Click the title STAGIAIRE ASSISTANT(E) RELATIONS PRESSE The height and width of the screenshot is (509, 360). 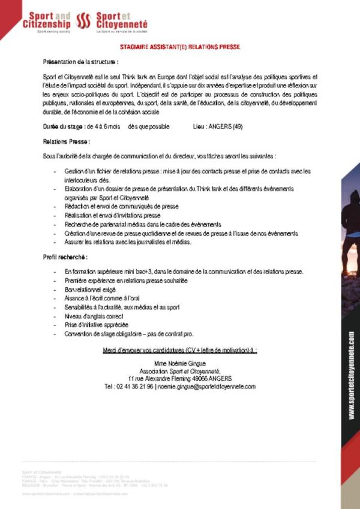[x=179, y=46]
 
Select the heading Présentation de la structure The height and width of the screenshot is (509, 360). [x=80, y=62]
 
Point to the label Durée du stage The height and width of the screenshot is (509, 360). [x=64, y=127]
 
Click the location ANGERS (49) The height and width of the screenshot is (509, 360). [x=225, y=127]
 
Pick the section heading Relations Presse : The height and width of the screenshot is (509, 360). [x=66, y=141]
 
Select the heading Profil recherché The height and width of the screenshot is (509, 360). [x=65, y=257]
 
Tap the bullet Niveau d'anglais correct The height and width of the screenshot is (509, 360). [x=94, y=316]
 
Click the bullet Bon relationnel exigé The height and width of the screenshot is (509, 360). [x=91, y=290]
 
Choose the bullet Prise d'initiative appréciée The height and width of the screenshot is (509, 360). [x=96, y=324]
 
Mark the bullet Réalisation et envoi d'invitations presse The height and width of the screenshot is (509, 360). [x=112, y=215]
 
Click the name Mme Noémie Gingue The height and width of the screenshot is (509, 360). [x=179, y=364]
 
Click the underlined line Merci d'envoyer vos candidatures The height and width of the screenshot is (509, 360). [x=179, y=350]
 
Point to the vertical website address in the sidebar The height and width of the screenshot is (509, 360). [x=351, y=375]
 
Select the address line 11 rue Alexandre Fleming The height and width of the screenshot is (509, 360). [x=179, y=379]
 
